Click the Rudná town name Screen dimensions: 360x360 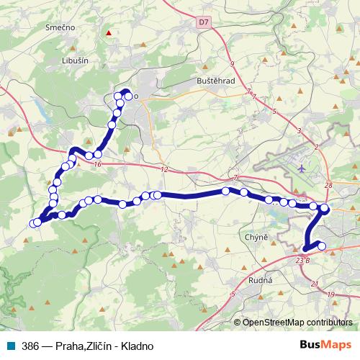point(258,282)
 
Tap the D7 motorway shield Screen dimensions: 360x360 point(204,23)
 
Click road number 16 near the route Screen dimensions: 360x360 point(98,165)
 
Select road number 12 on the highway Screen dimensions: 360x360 point(164,170)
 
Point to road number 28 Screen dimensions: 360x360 point(328,186)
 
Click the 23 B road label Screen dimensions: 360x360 point(302,260)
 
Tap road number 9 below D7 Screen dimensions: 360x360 point(233,64)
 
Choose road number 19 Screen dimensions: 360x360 point(330,295)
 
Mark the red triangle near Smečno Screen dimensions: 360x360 point(108,32)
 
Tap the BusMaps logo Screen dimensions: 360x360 point(323,345)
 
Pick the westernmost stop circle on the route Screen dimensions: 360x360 point(32,223)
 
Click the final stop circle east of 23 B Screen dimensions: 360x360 point(322,246)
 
